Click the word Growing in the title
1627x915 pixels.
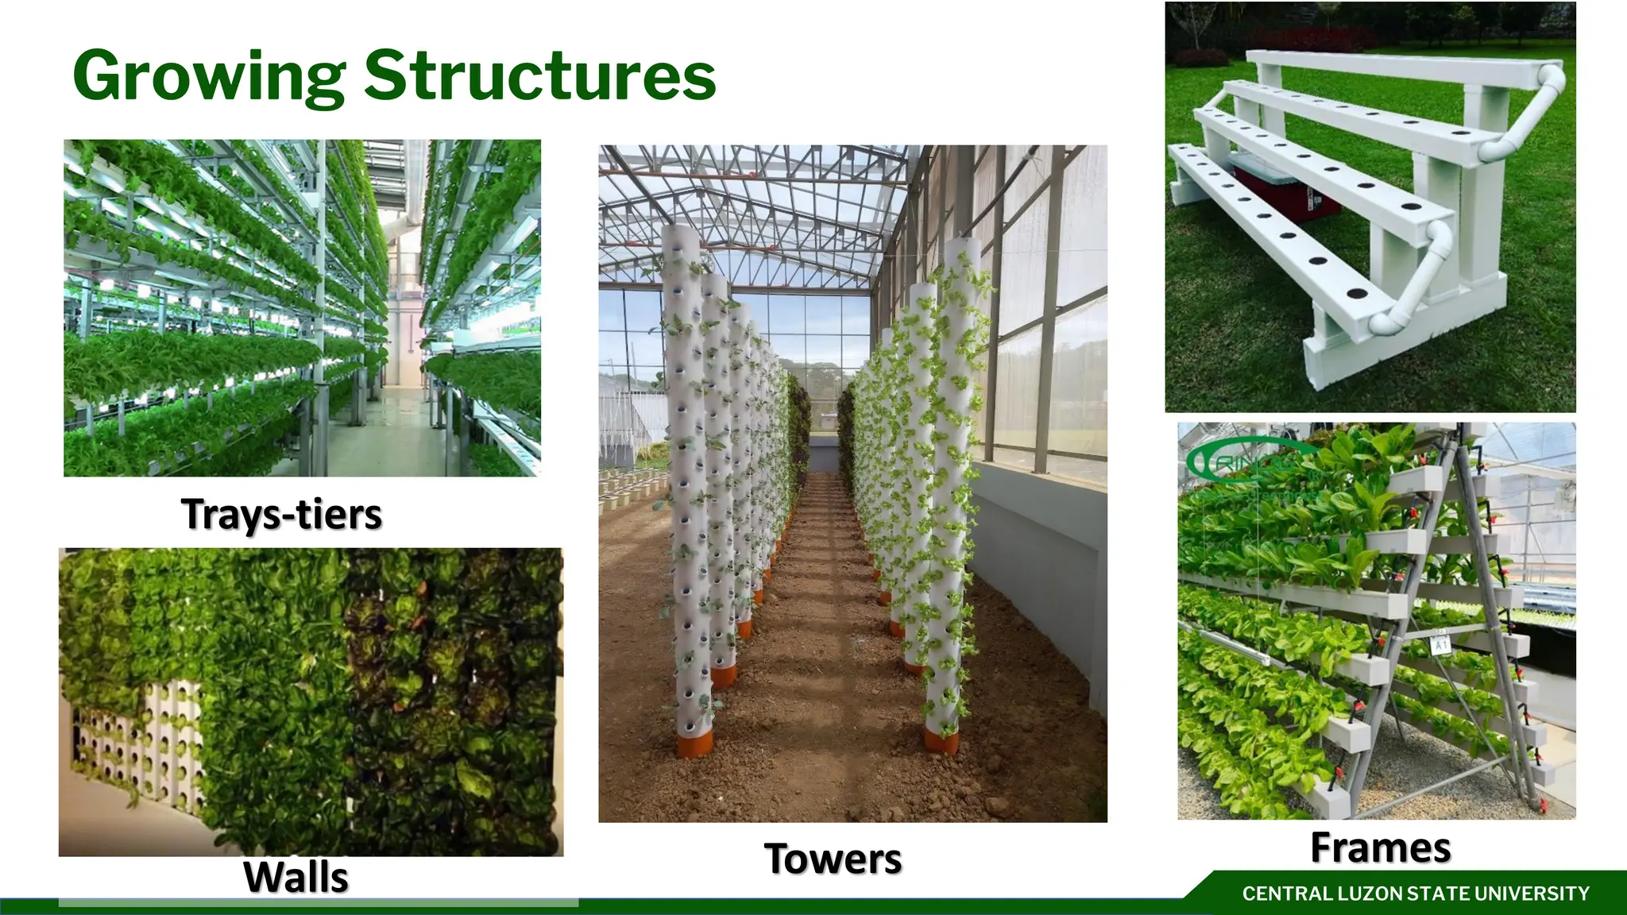(x=209, y=76)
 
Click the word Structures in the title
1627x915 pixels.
(x=540, y=76)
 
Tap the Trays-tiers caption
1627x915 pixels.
(x=281, y=514)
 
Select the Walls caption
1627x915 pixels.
(x=296, y=877)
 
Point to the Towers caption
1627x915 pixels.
(x=833, y=859)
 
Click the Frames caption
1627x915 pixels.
(x=1380, y=847)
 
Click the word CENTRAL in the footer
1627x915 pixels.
(x=1288, y=894)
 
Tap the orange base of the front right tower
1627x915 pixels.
(x=941, y=742)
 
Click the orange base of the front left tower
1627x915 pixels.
(x=694, y=747)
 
